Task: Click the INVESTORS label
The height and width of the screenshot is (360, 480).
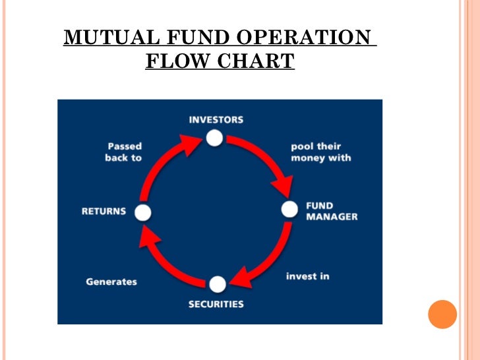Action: tap(216, 120)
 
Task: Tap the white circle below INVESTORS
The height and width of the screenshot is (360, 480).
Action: tap(214, 138)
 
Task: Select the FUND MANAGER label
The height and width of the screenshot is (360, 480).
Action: tap(332, 211)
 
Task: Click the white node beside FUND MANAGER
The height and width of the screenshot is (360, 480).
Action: tap(290, 210)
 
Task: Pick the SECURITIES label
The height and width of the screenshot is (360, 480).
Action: tap(216, 305)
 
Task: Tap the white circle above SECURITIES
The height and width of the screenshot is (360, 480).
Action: tap(218, 284)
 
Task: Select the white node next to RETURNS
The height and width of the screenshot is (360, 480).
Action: tap(143, 212)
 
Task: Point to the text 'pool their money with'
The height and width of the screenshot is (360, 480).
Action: tap(321, 152)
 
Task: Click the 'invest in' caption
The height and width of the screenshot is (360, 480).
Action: tap(307, 276)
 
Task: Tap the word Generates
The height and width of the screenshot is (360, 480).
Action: tap(111, 282)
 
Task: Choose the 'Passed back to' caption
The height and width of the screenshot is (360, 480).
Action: tap(123, 152)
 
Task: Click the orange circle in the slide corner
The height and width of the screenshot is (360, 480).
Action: tap(442, 314)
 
